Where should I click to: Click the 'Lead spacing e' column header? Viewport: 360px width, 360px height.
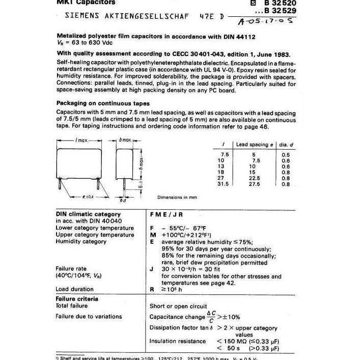(255, 145)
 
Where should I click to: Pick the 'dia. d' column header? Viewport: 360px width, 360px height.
(287, 145)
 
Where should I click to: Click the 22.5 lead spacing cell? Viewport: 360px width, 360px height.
(256, 178)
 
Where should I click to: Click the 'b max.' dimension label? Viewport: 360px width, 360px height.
(125, 140)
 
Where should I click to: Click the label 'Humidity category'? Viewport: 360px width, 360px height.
(81, 242)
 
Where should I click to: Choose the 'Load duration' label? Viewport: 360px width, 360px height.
(74, 289)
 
